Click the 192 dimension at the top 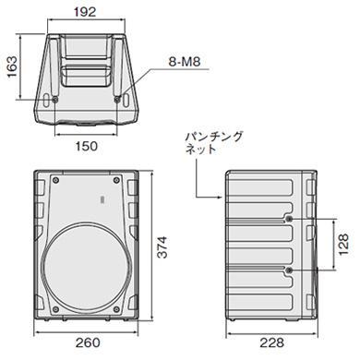[x=89, y=13]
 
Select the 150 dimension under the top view [x=86, y=147]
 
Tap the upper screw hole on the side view [x=292, y=218]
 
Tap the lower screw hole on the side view [x=292, y=269]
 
